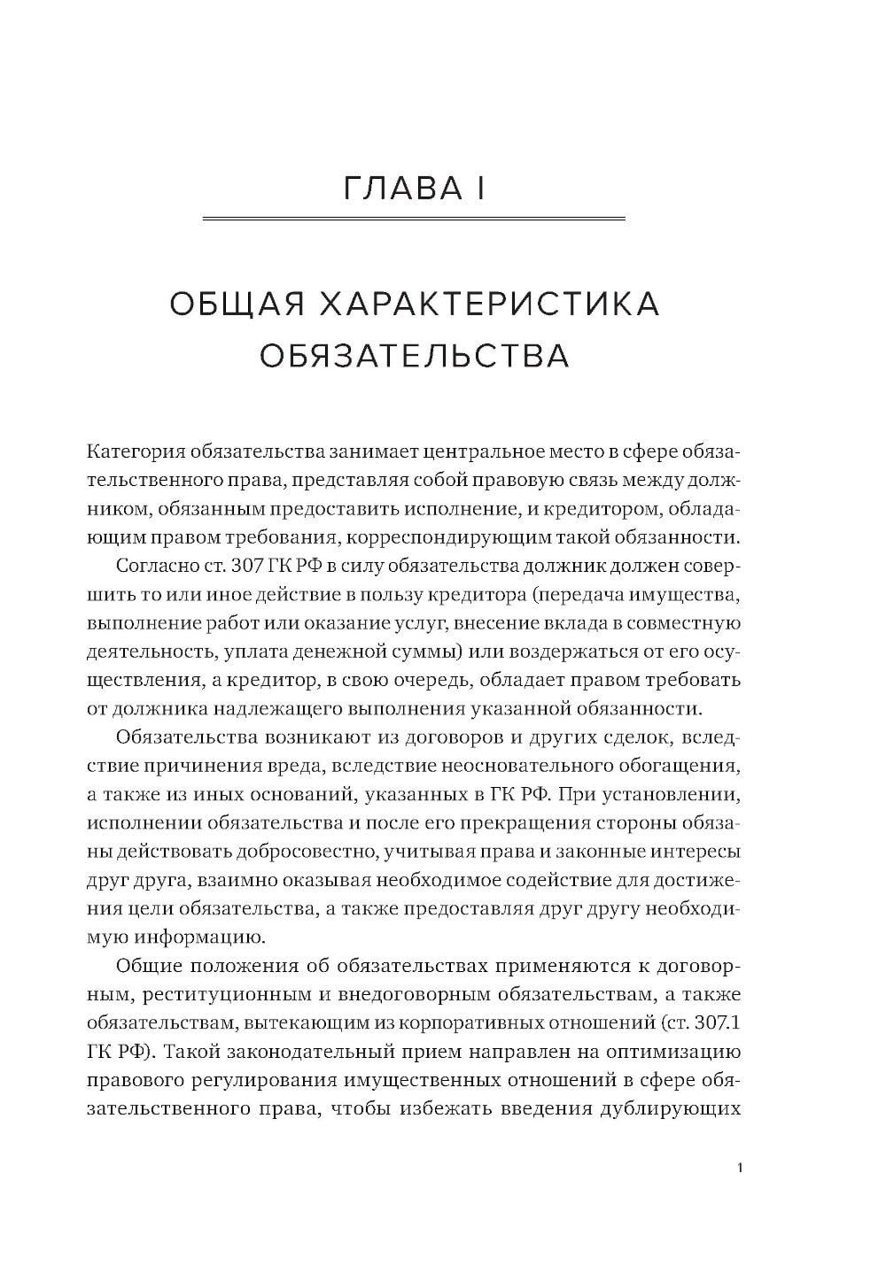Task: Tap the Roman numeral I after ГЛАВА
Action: (479, 188)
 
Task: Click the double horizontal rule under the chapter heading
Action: (414, 218)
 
